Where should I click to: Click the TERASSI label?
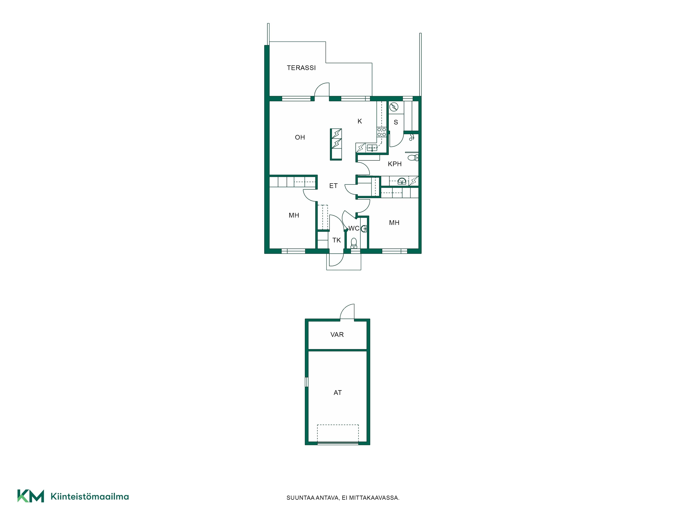[301, 68]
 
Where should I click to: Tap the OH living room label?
[300, 137]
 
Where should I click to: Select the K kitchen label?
[360, 121]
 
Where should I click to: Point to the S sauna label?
[396, 122]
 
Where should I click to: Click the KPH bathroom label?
[395, 164]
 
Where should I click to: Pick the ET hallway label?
[333, 186]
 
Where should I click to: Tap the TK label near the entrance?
[336, 240]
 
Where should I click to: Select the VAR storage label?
[337, 335]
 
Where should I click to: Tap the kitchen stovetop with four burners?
[381, 132]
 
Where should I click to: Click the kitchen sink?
[372, 148]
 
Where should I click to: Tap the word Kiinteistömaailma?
[90, 496]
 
